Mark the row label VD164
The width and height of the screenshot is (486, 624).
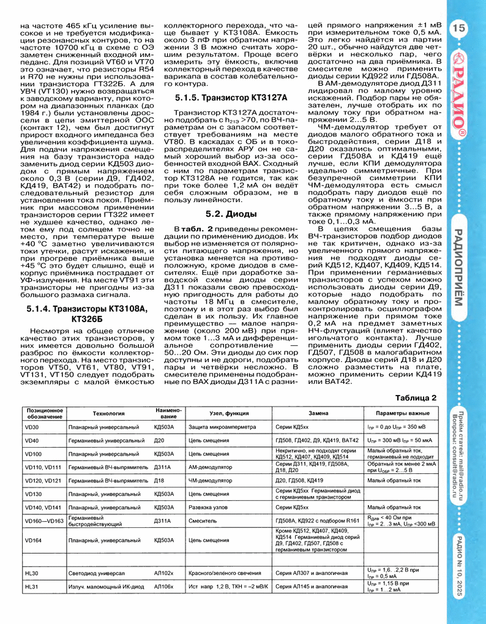point(34,541)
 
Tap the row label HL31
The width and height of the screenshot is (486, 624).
point(31,587)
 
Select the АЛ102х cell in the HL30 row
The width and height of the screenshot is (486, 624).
point(164,573)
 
